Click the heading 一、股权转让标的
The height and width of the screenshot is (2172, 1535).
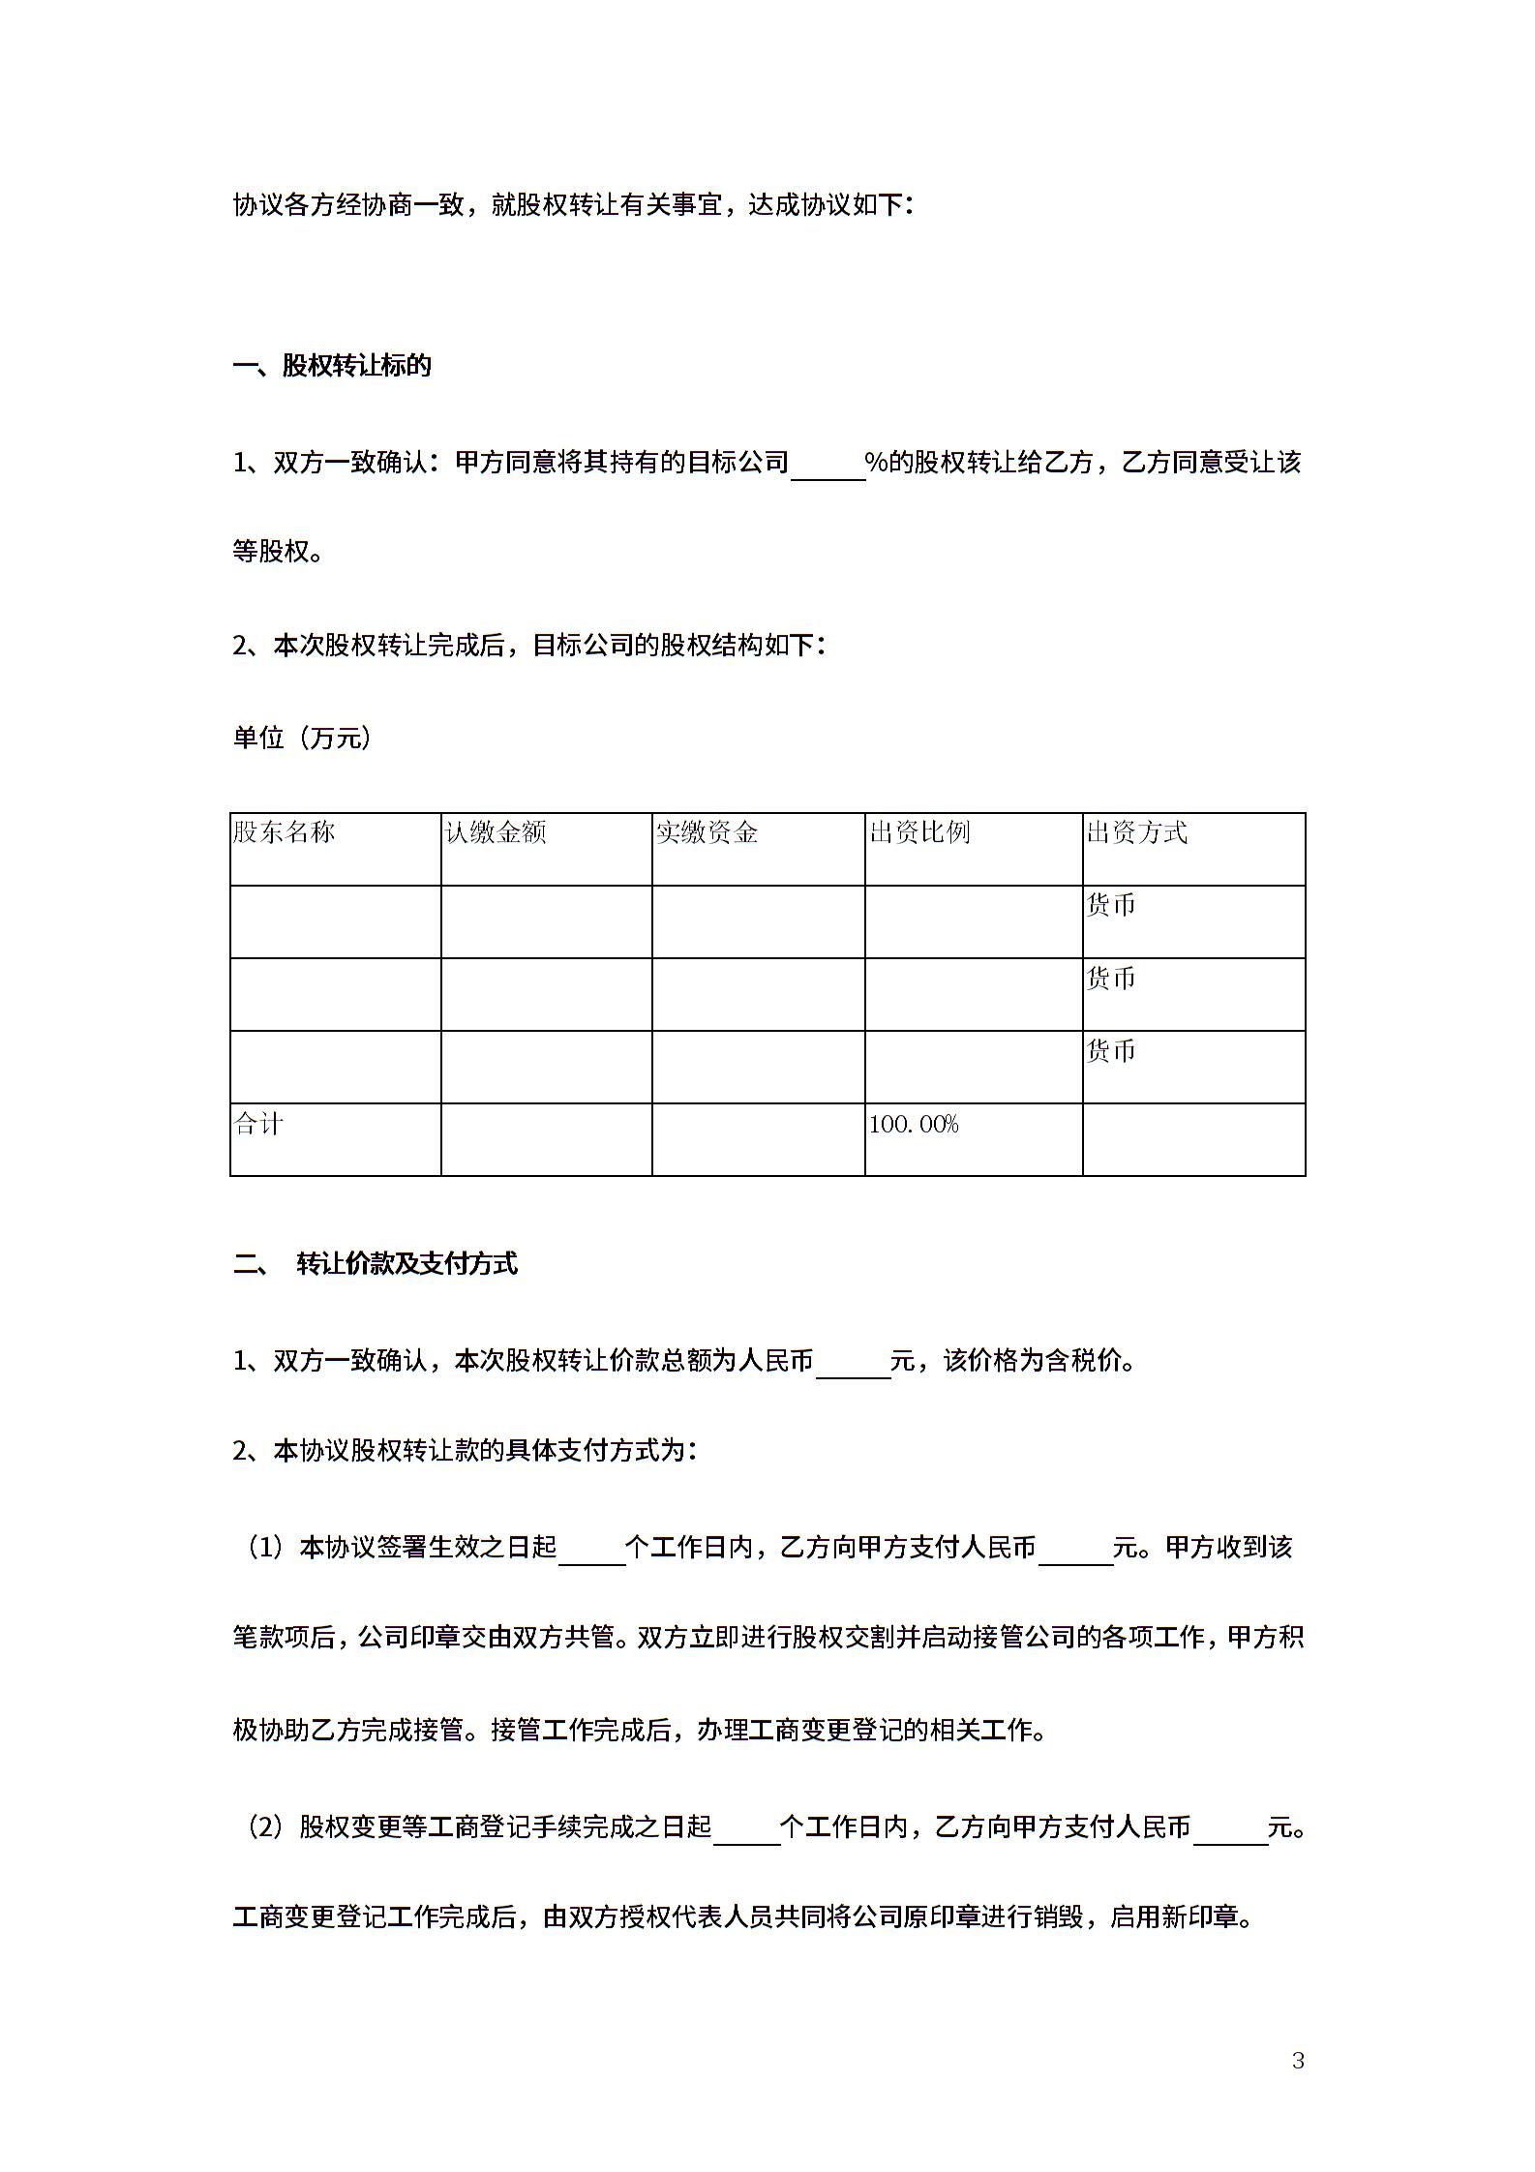[332, 366]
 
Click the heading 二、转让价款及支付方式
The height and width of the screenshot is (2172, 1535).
[376, 1263]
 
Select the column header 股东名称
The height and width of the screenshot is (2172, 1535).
[284, 832]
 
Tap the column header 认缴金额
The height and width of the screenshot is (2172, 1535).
[496, 832]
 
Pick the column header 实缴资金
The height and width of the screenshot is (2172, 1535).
[707, 832]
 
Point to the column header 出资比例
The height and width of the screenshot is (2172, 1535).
[919, 832]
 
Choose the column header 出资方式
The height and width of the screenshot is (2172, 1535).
[1136, 832]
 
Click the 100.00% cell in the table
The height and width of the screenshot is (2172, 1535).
[914, 1125]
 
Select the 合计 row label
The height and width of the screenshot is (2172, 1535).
[258, 1125]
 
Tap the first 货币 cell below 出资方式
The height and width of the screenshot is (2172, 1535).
[1111, 906]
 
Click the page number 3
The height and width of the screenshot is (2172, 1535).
[1298, 2061]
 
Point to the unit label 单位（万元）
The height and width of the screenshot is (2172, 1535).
[302, 739]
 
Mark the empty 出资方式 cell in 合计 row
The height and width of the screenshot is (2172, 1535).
[1193, 1139]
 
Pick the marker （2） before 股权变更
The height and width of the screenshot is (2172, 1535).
[263, 1827]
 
